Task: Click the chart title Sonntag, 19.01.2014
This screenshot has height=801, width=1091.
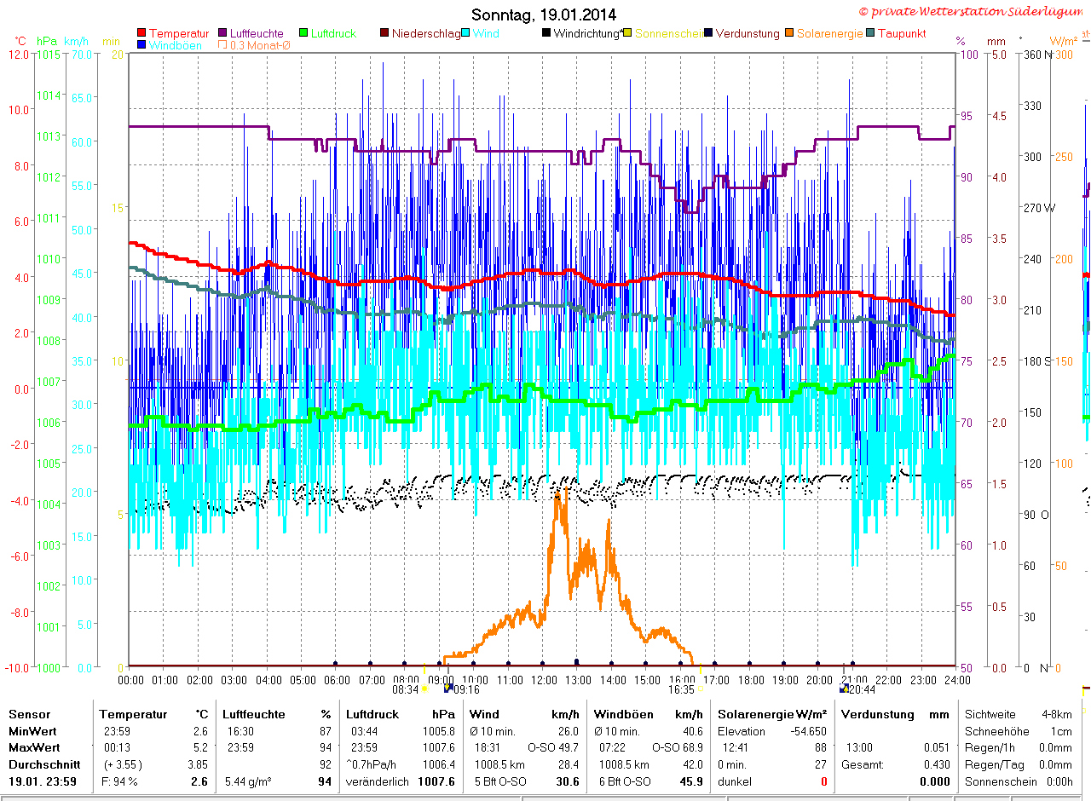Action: coord(544,14)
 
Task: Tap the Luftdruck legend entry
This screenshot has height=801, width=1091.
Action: coord(332,33)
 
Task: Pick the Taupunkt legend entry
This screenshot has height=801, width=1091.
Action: coord(901,33)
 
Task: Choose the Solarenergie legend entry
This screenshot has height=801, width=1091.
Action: coord(829,33)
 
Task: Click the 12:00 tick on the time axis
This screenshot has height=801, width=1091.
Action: coord(543,680)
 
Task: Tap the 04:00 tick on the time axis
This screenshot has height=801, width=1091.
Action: coord(268,680)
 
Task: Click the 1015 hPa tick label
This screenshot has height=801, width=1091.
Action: coord(49,55)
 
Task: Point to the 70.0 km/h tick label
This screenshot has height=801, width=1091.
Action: coord(82,55)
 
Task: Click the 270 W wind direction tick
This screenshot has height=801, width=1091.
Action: coord(1037,208)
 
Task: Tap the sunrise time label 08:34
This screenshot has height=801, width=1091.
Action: coord(405,689)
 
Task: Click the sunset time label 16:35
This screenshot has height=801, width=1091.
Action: coord(681,689)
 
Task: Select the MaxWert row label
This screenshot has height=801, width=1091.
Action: coord(32,747)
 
